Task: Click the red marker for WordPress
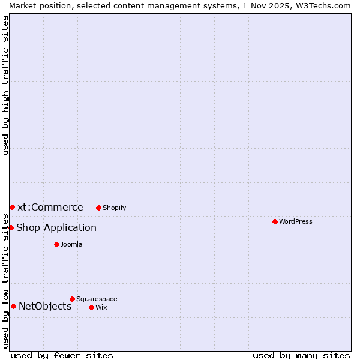(x=275, y=221)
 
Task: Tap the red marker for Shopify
(x=98, y=208)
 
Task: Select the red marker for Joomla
(x=56, y=244)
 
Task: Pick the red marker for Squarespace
(x=72, y=299)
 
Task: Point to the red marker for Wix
(x=91, y=307)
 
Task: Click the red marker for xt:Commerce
(x=12, y=207)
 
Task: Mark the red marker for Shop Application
(x=11, y=227)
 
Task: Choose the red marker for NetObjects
(x=13, y=306)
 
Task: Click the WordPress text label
(x=296, y=221)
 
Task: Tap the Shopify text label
(x=114, y=208)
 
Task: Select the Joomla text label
(x=71, y=244)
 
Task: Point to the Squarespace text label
(x=97, y=299)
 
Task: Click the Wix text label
(x=101, y=307)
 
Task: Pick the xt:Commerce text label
(x=50, y=207)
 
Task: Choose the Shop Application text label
(x=56, y=227)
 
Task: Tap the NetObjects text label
(x=45, y=306)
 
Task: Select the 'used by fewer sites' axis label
(x=62, y=355)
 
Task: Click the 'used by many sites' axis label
(x=301, y=355)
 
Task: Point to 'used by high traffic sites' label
(x=5, y=85)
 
